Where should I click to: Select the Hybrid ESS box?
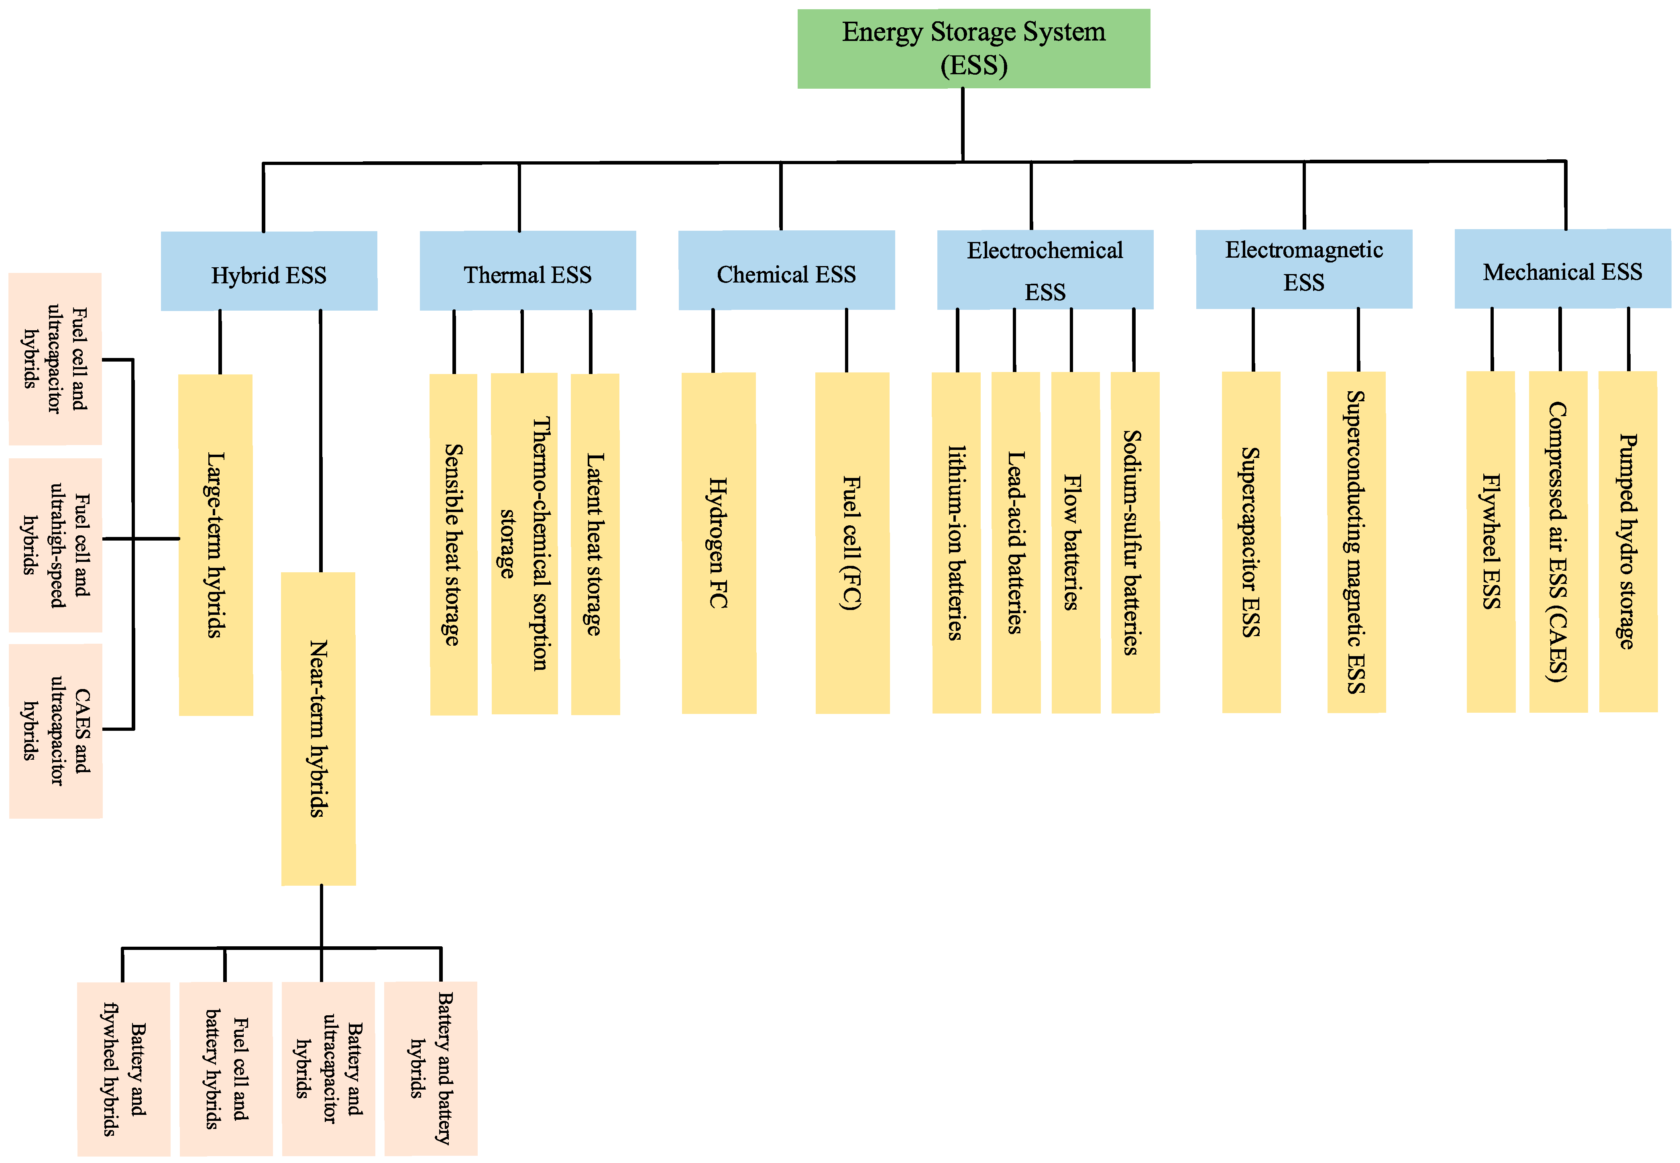coord(269,271)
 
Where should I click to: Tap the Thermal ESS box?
coord(528,270)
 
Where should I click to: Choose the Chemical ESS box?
coord(786,270)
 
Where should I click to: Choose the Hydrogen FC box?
coord(719,543)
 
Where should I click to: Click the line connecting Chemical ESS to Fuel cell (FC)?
coord(846,340)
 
